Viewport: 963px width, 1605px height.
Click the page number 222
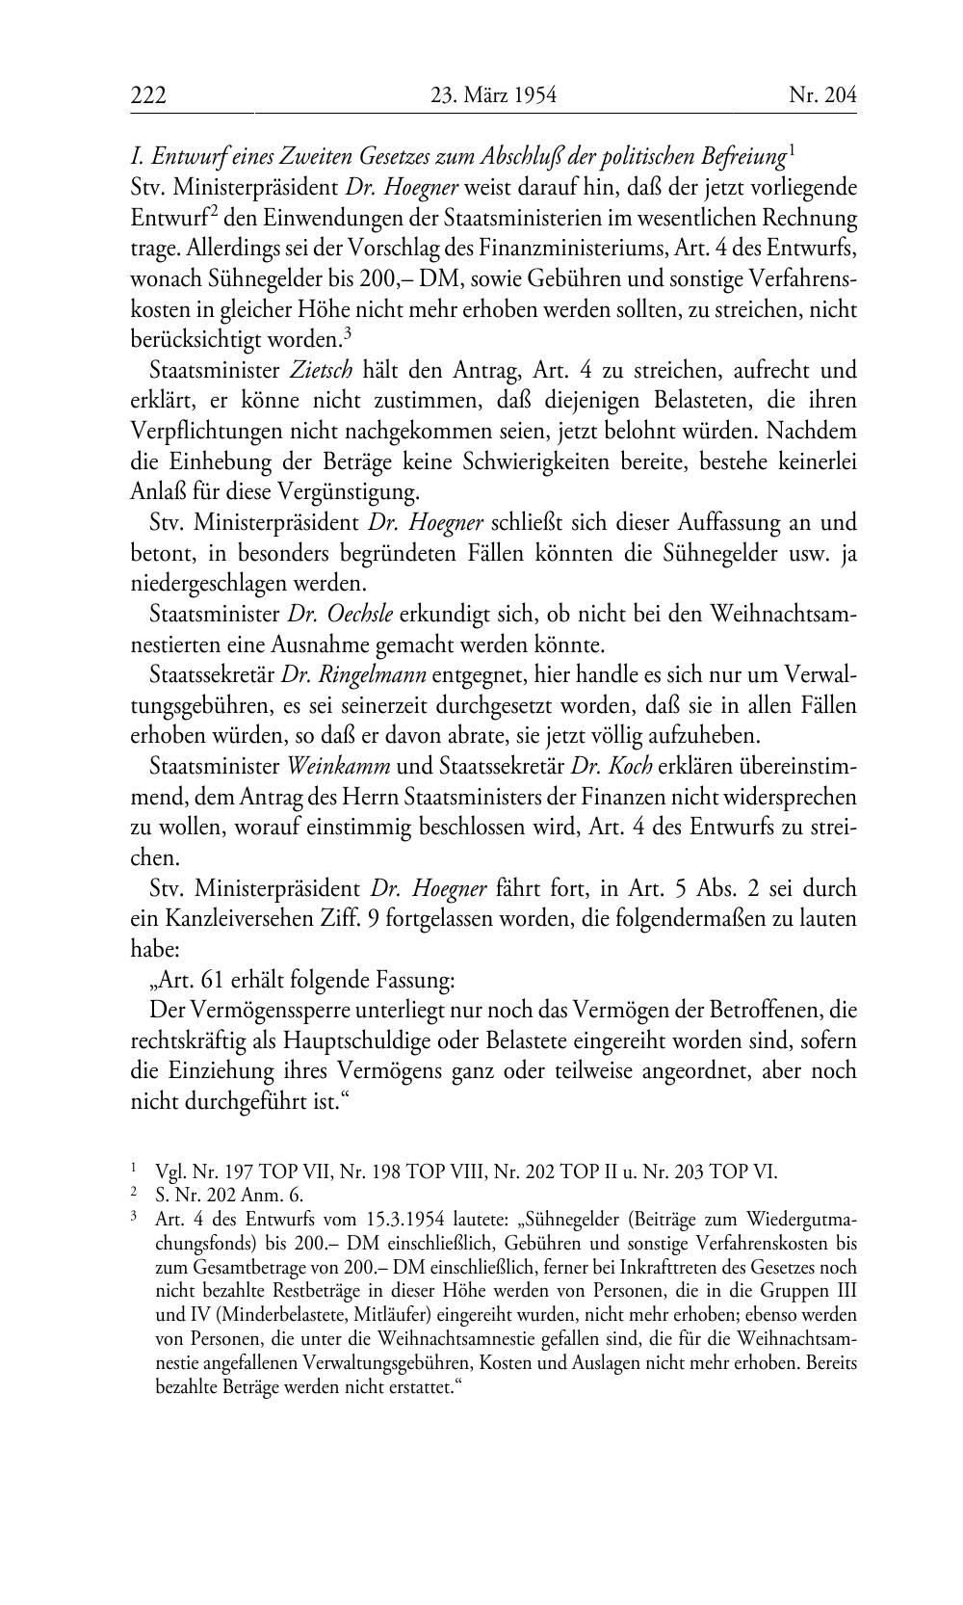149,95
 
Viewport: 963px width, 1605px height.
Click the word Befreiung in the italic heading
741,156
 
